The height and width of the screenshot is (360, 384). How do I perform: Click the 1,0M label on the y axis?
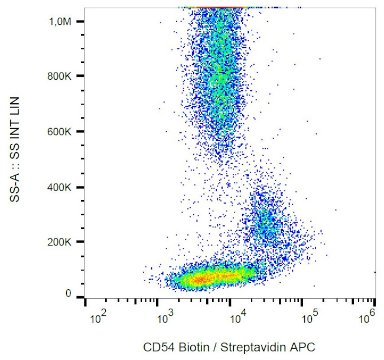(x=61, y=21)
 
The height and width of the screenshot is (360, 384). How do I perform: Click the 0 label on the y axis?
(x=68, y=293)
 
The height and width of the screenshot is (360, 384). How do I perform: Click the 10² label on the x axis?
(x=97, y=319)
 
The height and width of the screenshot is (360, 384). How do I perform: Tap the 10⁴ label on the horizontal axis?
(x=237, y=319)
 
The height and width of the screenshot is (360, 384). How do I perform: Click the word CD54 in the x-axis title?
(x=157, y=347)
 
